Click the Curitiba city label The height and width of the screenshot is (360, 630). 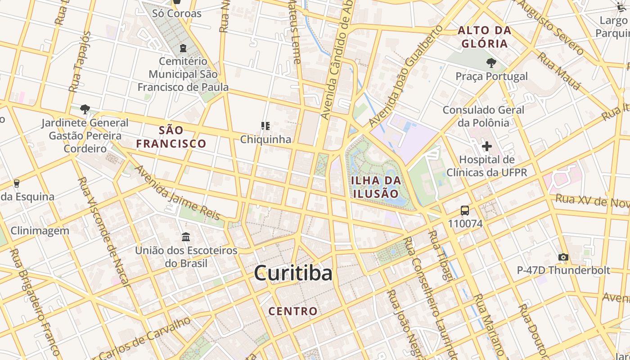coord(293,273)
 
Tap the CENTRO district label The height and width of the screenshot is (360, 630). coord(293,311)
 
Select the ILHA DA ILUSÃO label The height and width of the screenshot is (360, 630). coord(375,187)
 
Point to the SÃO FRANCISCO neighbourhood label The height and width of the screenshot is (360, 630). coord(171,137)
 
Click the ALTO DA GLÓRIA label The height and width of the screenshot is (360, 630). coord(485,37)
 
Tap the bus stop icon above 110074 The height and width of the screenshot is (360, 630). coord(465,211)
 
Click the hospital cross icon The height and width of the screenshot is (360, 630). coord(486,146)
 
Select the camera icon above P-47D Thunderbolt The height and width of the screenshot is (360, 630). coord(563,257)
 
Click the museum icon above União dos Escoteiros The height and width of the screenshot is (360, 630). coord(186,237)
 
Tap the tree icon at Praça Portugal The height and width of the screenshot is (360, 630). coord(491,63)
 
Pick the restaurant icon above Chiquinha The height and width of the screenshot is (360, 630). coord(265,126)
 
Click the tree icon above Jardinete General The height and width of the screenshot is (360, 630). coord(85,109)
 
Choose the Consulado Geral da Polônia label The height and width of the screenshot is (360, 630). coord(483,116)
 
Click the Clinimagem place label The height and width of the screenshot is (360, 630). coord(40,231)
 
